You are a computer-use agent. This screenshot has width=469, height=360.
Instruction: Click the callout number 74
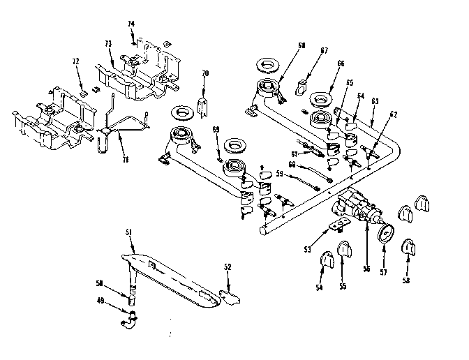pyautogui.click(x=131, y=24)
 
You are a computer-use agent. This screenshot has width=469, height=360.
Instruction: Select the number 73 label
pyautogui.click(x=108, y=44)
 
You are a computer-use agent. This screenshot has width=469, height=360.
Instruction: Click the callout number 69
pyautogui.click(x=216, y=130)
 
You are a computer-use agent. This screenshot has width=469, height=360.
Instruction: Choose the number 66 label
pyautogui.click(x=340, y=63)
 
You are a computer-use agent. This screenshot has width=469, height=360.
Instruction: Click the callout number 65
pyautogui.click(x=350, y=82)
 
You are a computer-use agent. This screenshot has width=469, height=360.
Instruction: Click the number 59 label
pyautogui.click(x=278, y=174)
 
